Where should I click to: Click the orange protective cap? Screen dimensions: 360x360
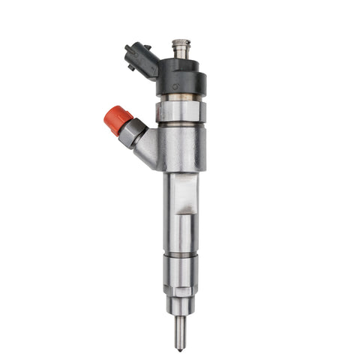117,121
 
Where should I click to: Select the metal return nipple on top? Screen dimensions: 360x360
180,49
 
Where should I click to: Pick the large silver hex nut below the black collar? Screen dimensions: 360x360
180,112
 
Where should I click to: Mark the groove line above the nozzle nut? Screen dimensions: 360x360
180,256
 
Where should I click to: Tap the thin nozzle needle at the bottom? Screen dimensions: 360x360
180,330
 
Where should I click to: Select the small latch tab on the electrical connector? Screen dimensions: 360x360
133,65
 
